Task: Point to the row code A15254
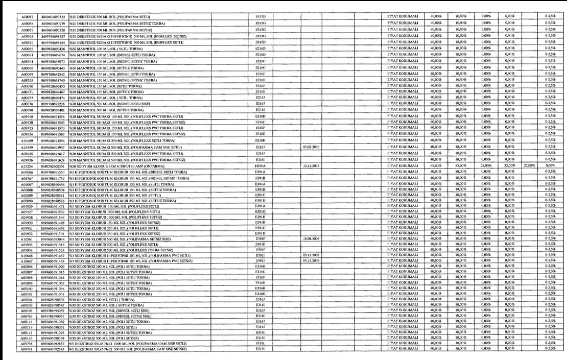click(x=27, y=165)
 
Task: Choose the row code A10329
click(x=27, y=147)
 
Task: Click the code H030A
click(x=259, y=165)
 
